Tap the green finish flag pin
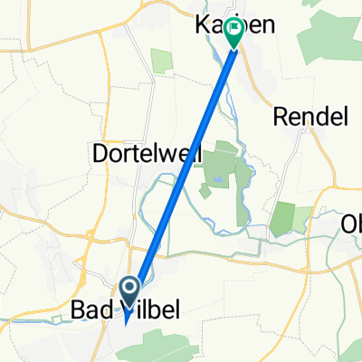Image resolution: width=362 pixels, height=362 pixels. click(234, 33)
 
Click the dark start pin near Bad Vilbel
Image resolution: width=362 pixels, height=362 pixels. click(129, 291)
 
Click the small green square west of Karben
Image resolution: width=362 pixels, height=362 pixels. click(161, 61)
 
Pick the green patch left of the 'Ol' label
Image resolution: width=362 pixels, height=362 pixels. click(283, 219)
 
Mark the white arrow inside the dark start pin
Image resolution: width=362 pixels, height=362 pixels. click(129, 290)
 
